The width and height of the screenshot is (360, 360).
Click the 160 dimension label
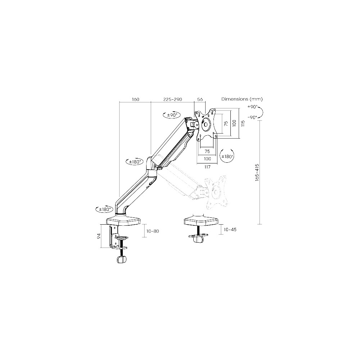click(x=135, y=99)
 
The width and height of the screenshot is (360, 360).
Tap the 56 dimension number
click(x=201, y=99)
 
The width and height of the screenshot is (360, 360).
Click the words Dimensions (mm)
click(x=242, y=99)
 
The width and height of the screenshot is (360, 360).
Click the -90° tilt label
click(x=252, y=117)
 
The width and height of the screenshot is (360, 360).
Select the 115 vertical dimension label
click(x=243, y=123)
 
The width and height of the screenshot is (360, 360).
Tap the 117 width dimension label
click(x=207, y=167)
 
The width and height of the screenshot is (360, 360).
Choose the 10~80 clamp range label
click(x=153, y=231)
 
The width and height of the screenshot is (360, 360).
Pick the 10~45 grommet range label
click(x=230, y=230)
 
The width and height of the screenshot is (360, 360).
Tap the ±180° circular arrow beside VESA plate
click(x=227, y=157)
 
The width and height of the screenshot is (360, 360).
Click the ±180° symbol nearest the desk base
click(x=103, y=209)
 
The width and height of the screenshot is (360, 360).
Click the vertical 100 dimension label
click(x=234, y=123)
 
